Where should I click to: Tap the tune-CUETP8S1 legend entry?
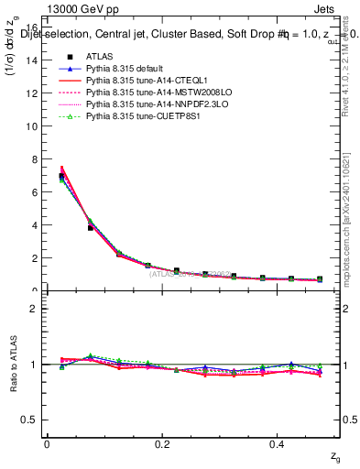click(x=135, y=116)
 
